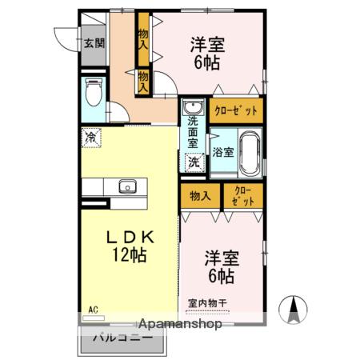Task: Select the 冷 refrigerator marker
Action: click(92, 138)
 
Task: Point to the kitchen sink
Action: click(128, 187)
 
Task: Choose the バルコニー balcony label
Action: click(122, 338)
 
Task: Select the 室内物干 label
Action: click(208, 303)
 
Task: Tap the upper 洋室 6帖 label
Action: click(207, 53)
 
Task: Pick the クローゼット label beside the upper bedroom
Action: click(235, 109)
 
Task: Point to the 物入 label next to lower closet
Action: click(200, 196)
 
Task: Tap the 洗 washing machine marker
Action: click(194, 162)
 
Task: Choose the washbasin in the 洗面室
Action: click(192, 109)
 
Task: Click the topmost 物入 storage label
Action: click(143, 41)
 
